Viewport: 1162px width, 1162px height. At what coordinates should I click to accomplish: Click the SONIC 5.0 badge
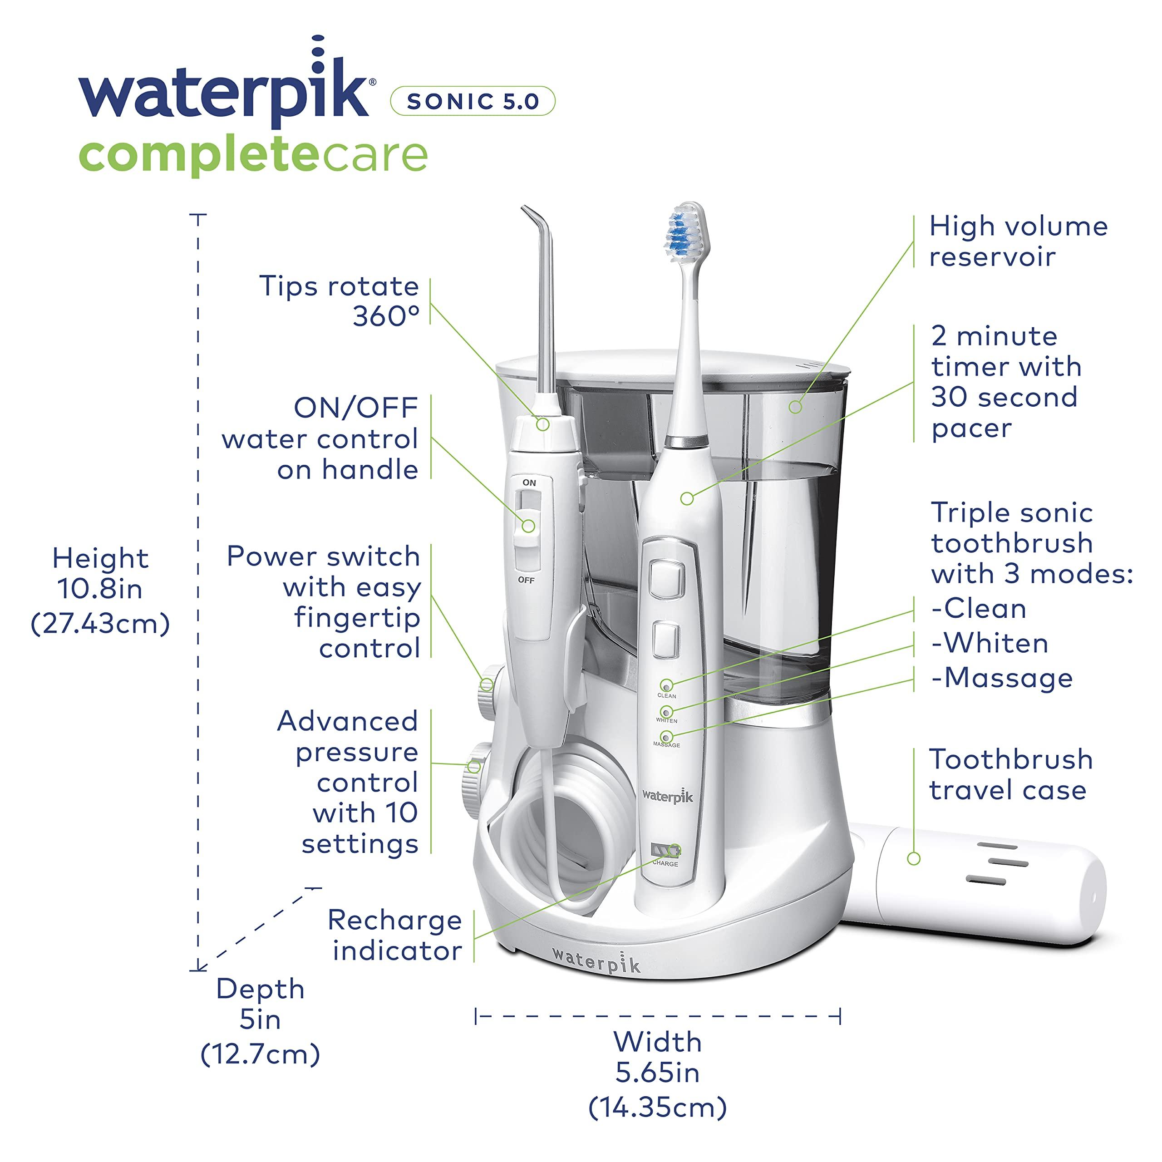click(473, 101)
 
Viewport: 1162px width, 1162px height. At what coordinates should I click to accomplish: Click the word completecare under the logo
click(253, 155)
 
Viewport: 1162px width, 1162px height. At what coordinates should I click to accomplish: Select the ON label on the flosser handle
click(529, 483)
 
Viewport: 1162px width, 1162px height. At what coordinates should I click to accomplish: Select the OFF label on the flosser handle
click(526, 580)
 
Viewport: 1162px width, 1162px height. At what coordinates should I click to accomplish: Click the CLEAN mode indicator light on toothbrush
click(666, 686)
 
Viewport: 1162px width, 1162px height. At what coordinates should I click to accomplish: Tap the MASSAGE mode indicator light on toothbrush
click(666, 737)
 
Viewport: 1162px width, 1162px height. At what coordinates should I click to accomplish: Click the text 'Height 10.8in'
click(100, 573)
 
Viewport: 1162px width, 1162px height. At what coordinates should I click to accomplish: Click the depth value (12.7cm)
click(260, 1054)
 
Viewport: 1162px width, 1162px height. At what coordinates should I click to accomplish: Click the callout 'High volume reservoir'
click(1018, 241)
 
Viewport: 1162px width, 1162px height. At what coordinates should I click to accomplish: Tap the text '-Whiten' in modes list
click(990, 644)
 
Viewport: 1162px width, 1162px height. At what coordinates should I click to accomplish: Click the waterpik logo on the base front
click(596, 961)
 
